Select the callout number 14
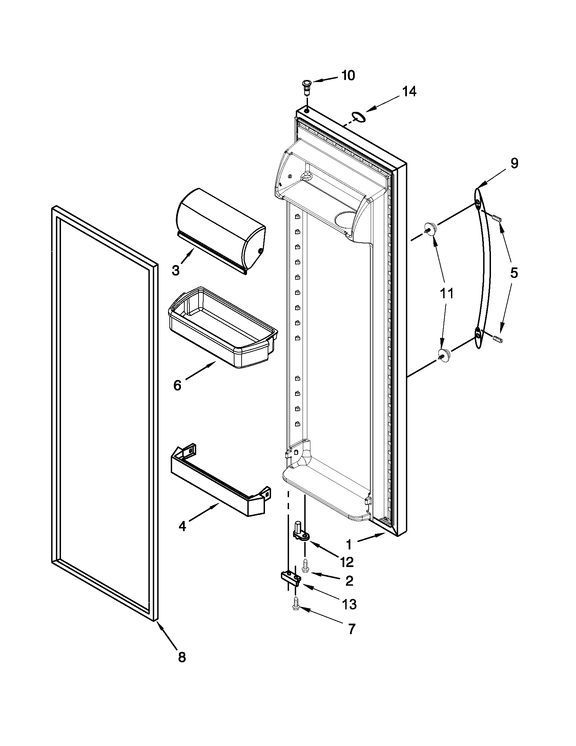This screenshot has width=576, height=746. pyautogui.click(x=409, y=92)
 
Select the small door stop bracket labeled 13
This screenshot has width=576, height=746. pyautogui.click(x=291, y=578)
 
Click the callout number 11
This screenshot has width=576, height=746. pyautogui.click(x=447, y=293)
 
